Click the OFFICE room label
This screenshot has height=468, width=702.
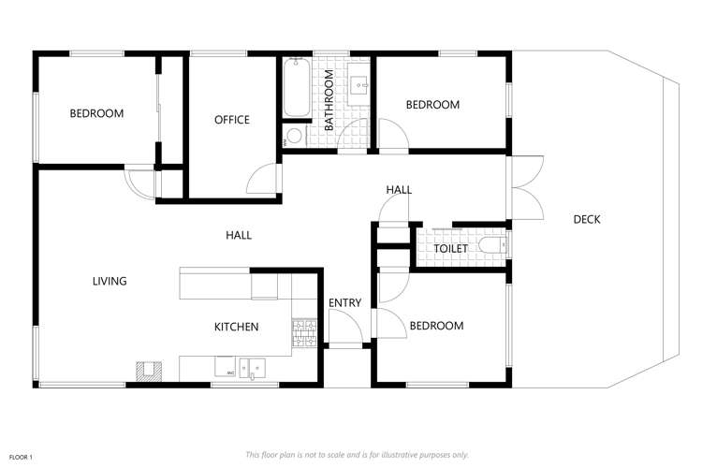[231, 120]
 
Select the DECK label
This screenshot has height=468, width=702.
[587, 220]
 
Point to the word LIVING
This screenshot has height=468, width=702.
[110, 281]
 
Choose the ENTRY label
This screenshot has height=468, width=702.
[344, 302]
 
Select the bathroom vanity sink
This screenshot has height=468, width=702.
[360, 85]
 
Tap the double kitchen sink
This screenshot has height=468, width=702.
[250, 368]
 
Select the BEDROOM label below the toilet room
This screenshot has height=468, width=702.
[436, 326]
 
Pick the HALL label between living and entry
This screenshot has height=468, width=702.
[239, 235]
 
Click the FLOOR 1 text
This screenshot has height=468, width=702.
[21, 456]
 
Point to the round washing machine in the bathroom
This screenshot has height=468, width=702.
[294, 137]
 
